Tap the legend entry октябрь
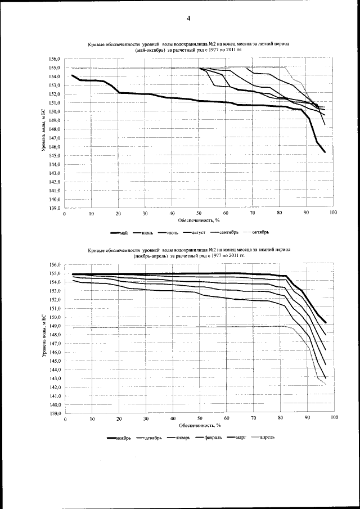(261, 232)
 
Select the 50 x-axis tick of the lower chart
(200, 420)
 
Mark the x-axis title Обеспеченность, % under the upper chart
(199, 222)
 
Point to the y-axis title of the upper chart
(44, 133)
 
